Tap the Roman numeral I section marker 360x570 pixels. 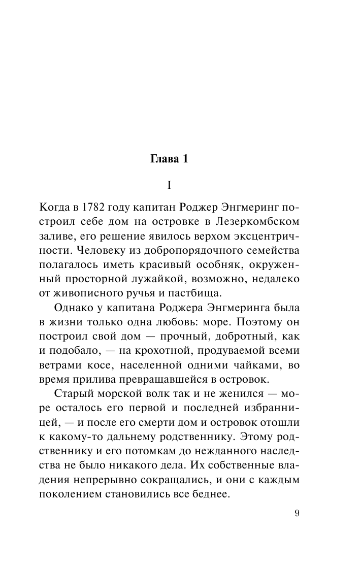coord(169,185)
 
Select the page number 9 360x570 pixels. coord(297,512)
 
